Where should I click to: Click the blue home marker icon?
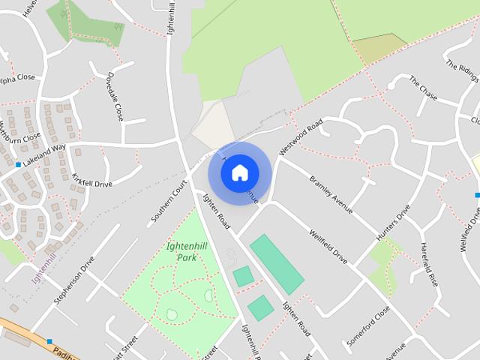point(240,172)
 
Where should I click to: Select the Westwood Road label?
point(300,136)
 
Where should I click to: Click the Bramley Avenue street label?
point(331,196)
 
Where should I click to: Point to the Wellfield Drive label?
point(328,246)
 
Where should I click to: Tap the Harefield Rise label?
point(428,264)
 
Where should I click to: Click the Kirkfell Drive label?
point(91,180)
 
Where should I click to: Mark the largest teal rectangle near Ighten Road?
point(276,264)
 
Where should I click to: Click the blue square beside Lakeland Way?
point(18,164)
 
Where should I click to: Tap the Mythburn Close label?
point(21,131)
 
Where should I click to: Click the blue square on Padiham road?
point(49,341)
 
